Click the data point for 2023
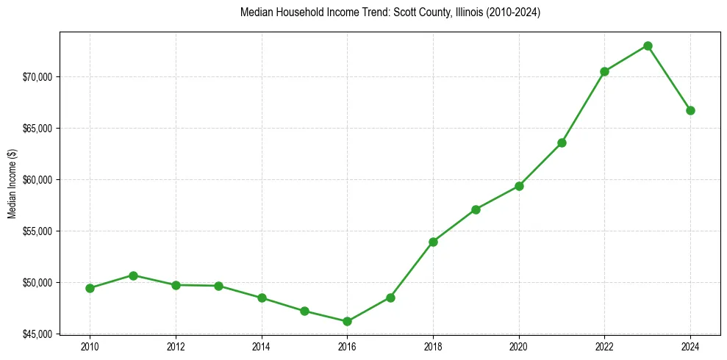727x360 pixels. (648, 46)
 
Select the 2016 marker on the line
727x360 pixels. (347, 321)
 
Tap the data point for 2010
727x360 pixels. (90, 288)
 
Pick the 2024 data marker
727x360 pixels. (690, 110)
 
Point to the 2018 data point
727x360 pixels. (433, 242)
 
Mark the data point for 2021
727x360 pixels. (562, 143)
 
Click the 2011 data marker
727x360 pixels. (133, 276)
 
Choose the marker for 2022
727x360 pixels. (604, 71)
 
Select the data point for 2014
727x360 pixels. (262, 298)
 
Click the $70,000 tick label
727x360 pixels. (39, 77)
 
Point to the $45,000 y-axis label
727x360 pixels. (39, 334)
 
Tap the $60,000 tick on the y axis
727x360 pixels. (39, 180)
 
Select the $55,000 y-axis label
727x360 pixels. (39, 231)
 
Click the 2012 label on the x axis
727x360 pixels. (176, 346)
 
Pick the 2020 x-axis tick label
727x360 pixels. (519, 346)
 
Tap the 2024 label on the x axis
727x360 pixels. (690, 346)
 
